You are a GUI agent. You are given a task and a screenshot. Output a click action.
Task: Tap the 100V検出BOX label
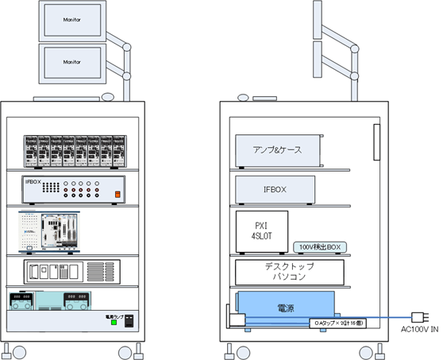[x=319, y=247]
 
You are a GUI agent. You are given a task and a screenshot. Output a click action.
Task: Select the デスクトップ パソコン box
[x=288, y=273]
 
